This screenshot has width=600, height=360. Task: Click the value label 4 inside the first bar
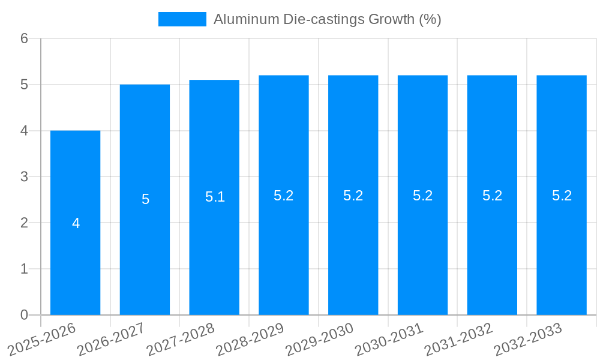coord(76,223)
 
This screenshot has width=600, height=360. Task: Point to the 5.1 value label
coord(215,197)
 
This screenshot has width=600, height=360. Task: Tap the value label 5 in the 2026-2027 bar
coord(145,199)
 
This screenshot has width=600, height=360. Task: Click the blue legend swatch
coord(182,19)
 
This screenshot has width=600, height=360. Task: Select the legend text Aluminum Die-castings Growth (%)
coord(327,19)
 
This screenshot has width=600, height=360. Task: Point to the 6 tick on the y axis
coord(24,38)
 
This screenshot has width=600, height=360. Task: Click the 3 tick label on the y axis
coord(24,177)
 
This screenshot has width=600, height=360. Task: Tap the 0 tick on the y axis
coord(24,315)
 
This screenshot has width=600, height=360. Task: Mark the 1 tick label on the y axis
coord(24,269)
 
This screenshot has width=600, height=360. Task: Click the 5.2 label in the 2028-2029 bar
coord(284,196)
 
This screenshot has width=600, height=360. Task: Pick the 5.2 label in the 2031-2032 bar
coord(492,196)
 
